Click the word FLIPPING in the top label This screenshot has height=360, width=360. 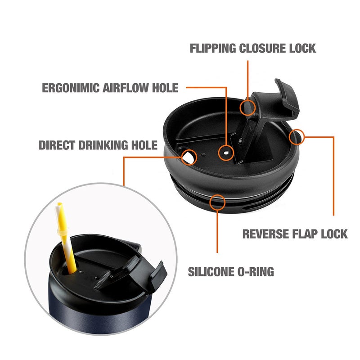pos(213,49)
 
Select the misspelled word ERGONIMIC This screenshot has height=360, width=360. pos(71,88)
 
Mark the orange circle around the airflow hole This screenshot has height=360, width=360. pos(226,153)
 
